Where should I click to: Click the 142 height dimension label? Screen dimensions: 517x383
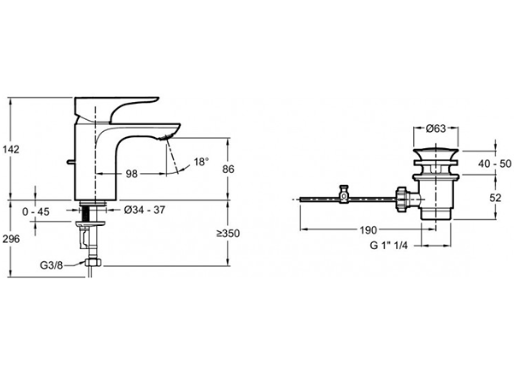click(11, 150)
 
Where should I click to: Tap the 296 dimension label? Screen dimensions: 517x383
click(11, 239)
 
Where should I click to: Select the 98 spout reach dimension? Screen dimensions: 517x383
click(131, 174)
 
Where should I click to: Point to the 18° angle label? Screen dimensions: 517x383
click(201, 162)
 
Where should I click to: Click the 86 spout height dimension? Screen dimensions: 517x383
click(228, 169)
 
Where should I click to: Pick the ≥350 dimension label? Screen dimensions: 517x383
click(228, 233)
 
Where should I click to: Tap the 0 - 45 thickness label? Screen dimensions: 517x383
click(36, 211)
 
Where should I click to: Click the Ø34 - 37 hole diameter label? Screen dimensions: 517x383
click(145, 210)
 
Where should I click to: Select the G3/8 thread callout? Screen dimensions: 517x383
click(51, 265)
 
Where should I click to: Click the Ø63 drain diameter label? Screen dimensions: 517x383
click(436, 129)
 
